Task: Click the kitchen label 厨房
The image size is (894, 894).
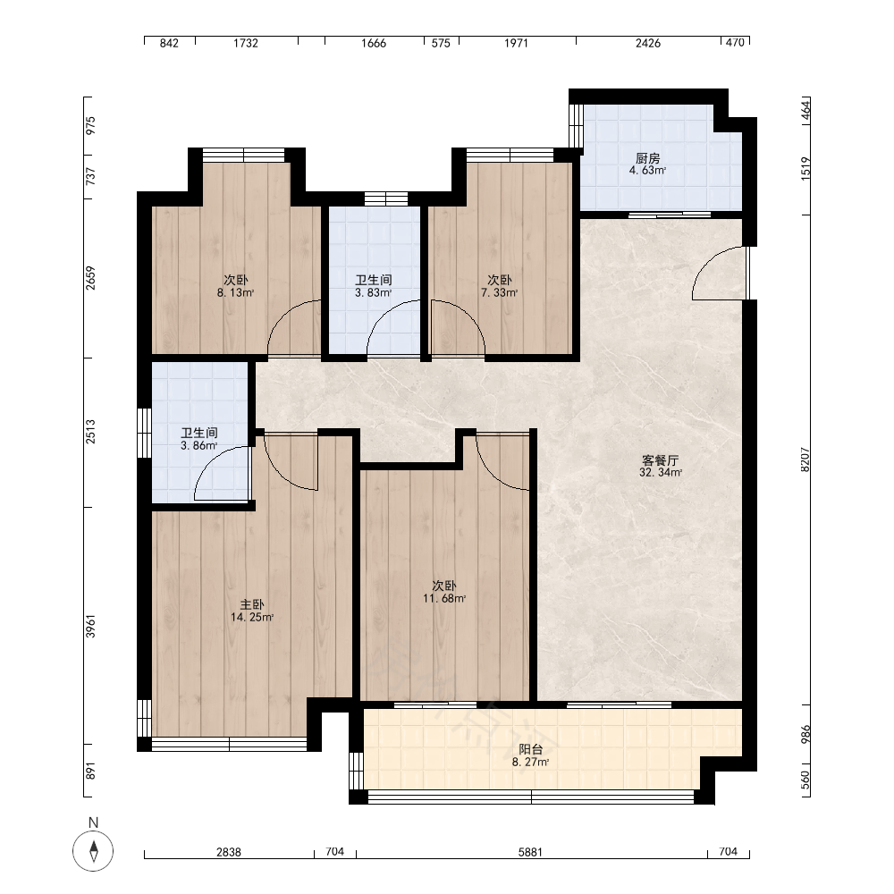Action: pyautogui.click(x=647, y=158)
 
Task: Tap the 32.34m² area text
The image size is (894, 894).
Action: pyautogui.click(x=661, y=472)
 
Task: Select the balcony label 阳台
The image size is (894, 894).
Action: pyautogui.click(x=531, y=749)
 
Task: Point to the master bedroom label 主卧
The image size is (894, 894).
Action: pyautogui.click(x=252, y=604)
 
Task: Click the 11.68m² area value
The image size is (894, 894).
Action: pyautogui.click(x=444, y=598)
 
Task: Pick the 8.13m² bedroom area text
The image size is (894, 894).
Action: pyautogui.click(x=235, y=292)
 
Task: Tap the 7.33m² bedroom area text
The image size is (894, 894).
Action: pyautogui.click(x=500, y=292)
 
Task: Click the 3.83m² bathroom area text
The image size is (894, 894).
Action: pyautogui.click(x=374, y=292)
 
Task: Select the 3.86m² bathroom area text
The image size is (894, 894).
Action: pyautogui.click(x=199, y=445)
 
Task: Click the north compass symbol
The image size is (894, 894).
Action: pyautogui.click(x=94, y=851)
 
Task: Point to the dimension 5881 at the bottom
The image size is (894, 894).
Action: pyautogui.click(x=530, y=852)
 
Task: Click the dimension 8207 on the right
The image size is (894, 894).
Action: pyautogui.click(x=805, y=459)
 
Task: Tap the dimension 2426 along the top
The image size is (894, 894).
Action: pyautogui.click(x=648, y=43)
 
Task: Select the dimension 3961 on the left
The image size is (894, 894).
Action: pyautogui.click(x=90, y=626)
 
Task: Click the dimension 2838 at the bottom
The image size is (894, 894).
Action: pyautogui.click(x=229, y=852)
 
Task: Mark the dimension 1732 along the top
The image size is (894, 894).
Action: pyautogui.click(x=246, y=43)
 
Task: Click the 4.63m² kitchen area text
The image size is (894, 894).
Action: pyautogui.click(x=647, y=170)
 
